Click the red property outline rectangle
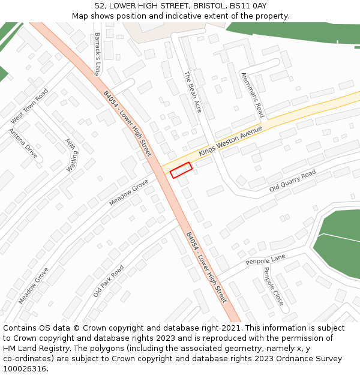181,170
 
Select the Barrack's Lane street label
98,53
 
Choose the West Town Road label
29,106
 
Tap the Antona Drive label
23,143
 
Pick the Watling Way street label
72,155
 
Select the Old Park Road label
109,281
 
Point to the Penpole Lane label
265,260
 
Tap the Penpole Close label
274,286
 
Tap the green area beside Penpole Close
339,237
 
